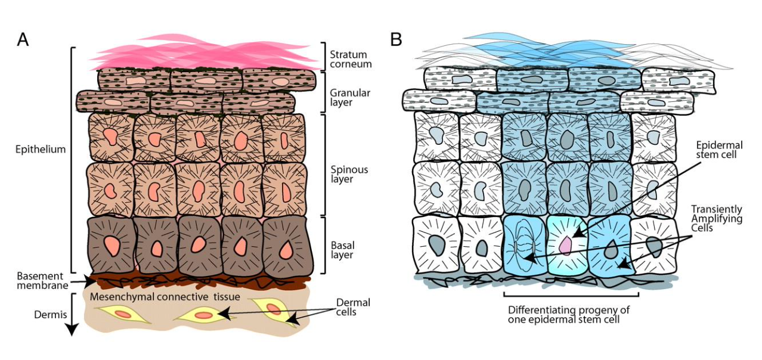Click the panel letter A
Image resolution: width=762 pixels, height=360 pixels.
tap(23, 40)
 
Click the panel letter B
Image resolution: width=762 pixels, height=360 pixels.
tap(396, 40)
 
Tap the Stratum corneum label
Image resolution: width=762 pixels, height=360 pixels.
tap(351, 58)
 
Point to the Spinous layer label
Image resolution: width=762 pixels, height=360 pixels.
tap(349, 174)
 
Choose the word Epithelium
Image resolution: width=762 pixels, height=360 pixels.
tap(41, 150)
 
